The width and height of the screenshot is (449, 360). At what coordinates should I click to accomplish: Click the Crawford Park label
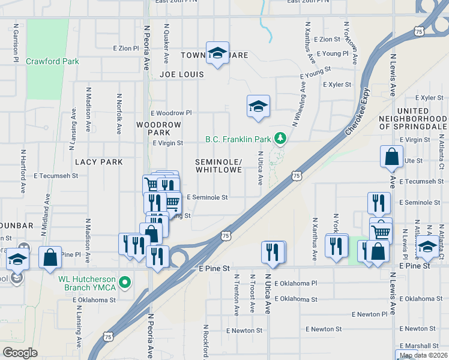(x=52, y=61)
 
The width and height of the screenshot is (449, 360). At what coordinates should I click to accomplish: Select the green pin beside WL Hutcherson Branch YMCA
(x=124, y=281)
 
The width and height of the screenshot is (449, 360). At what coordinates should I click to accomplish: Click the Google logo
(x=20, y=353)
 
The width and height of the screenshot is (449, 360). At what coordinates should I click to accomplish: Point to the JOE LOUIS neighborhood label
(x=182, y=74)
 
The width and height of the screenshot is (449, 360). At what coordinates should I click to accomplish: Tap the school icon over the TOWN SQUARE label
(x=218, y=52)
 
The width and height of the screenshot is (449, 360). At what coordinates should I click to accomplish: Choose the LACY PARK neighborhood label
(x=98, y=162)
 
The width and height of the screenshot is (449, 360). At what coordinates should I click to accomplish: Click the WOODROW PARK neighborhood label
(x=158, y=128)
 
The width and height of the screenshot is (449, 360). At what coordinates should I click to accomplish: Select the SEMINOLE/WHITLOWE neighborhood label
(x=218, y=166)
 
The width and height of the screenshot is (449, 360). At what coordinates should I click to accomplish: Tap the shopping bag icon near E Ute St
(x=391, y=157)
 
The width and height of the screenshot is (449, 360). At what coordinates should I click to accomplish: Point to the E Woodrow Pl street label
(x=171, y=113)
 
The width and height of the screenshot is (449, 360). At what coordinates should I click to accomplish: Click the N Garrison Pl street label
(x=15, y=43)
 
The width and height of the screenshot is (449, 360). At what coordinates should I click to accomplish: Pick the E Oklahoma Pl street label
(x=295, y=283)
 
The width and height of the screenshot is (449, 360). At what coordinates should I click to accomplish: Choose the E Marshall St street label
(x=421, y=346)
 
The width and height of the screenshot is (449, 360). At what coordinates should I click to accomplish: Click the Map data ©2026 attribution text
(x=424, y=355)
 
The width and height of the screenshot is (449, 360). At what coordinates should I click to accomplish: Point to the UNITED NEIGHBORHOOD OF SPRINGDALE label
(x=413, y=119)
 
